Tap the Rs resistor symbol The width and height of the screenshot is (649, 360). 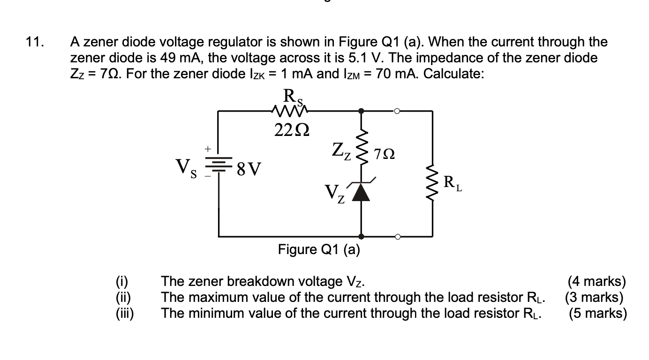point(288,111)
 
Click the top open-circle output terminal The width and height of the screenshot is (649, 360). point(397,111)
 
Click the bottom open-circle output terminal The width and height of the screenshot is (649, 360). point(397,236)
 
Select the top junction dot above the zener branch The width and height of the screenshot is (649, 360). point(361,111)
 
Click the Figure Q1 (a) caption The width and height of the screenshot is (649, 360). point(319,249)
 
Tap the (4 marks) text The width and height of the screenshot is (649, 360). point(596,281)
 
